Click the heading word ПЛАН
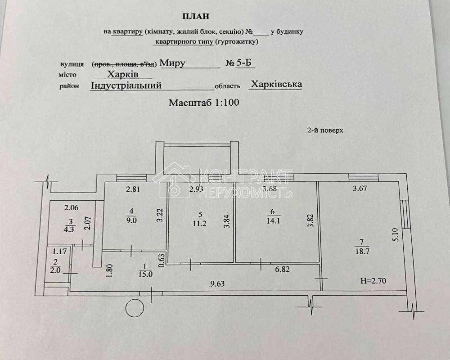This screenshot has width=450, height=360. (x=196, y=16)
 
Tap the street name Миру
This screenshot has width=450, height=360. (x=172, y=63)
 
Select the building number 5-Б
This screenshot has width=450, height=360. (x=245, y=63)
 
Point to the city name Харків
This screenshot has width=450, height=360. (x=123, y=74)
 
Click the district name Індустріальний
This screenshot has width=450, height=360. (x=126, y=85)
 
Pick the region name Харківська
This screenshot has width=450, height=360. (x=276, y=84)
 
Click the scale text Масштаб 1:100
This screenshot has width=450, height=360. (x=204, y=103)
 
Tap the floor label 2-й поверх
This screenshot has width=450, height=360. (x=325, y=130)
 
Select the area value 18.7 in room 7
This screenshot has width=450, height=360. (x=362, y=251)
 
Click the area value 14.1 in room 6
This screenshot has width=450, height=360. (x=273, y=221)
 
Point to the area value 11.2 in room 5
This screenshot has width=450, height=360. (x=200, y=224)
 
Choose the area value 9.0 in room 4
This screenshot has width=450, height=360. (x=132, y=220)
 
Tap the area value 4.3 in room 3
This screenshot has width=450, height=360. (x=69, y=229)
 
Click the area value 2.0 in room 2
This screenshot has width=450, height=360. (x=55, y=270)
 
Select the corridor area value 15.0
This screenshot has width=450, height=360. (x=145, y=274)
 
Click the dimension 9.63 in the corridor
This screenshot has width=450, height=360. (x=217, y=284)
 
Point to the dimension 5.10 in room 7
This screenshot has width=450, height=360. (x=396, y=235)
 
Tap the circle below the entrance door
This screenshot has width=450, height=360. (x=135, y=308)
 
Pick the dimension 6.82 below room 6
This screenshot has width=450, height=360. (x=283, y=269)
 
